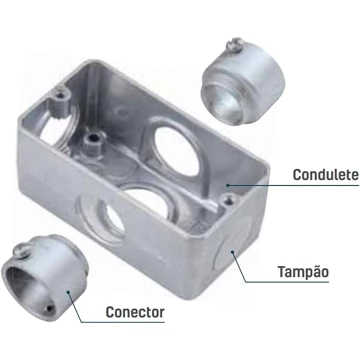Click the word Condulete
coord(326,175)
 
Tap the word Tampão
coord(303,272)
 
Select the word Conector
coord(135,312)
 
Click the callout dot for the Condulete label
coord(228,185)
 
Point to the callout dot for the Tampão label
coord(232,252)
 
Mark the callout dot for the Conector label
coord(68,292)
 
